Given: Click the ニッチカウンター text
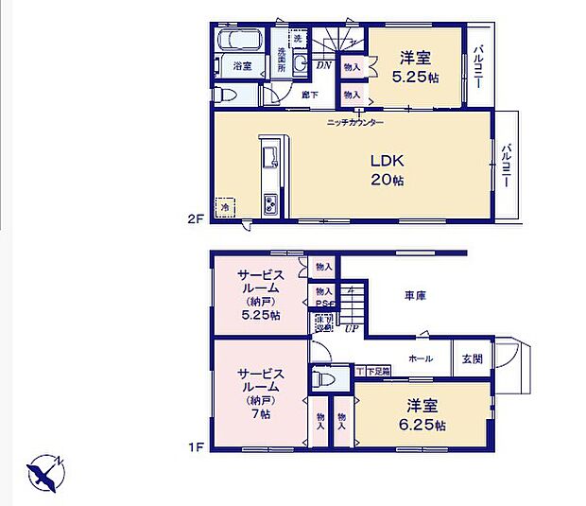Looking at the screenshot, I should pos(355,123).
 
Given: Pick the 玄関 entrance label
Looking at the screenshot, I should pos(471,359).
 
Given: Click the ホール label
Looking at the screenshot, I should pos(421,359).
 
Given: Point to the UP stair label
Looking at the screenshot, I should pos(352,328).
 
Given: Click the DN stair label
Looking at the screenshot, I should pos(323,64).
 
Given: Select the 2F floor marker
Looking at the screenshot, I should pos(195,218).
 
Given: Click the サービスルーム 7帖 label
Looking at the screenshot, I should pos(257,393).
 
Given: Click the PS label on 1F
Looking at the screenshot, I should pos(322,304).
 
